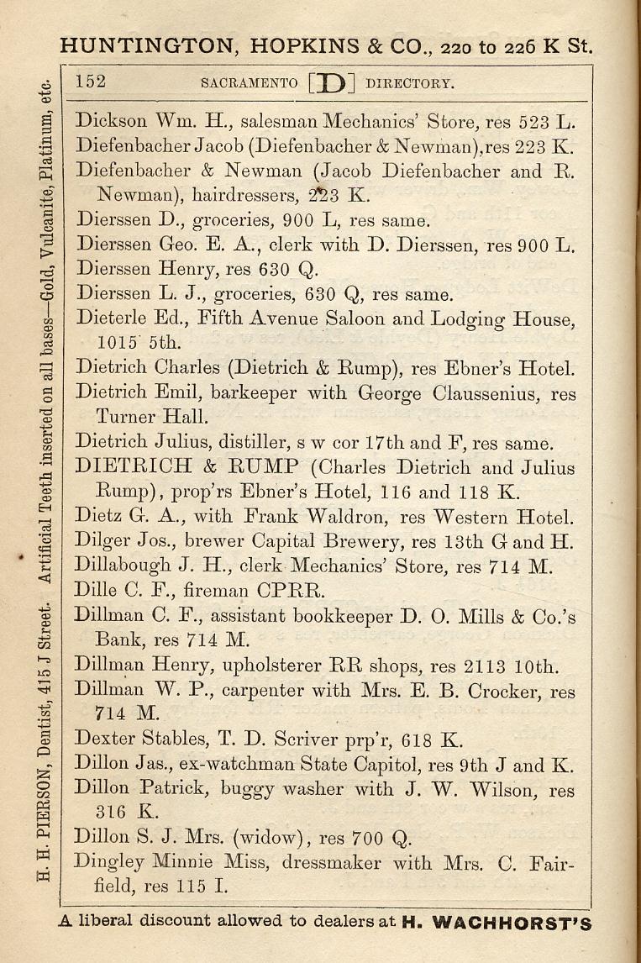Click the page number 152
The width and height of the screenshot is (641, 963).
pyautogui.click(x=90, y=82)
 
